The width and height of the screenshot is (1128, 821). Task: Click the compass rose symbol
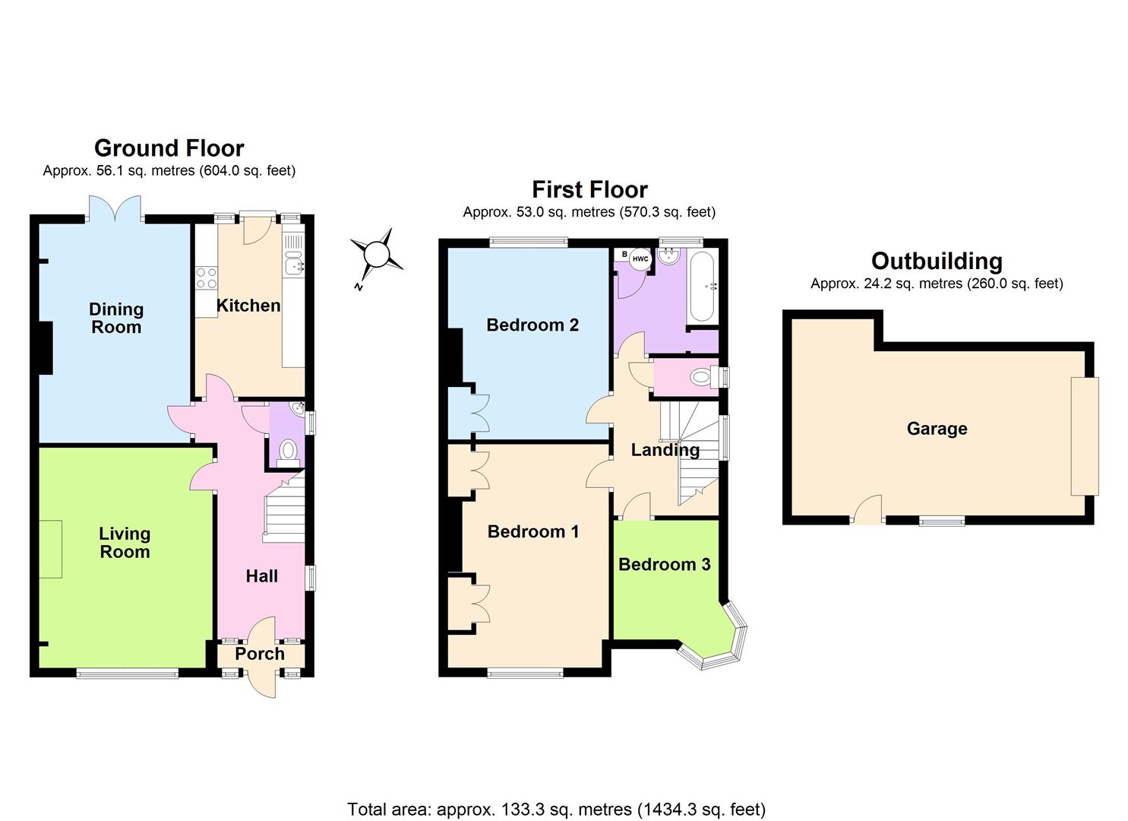coord(377,254)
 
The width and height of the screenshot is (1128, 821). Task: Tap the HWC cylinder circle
coord(640,259)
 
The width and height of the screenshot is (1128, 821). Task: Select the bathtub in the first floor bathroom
coord(702,287)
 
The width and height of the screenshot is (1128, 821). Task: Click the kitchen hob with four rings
coord(206,278)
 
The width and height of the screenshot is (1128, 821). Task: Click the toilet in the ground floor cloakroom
coord(288,452)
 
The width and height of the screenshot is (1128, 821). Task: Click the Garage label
coord(937,429)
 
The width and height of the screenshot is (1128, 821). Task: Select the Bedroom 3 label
coord(664,564)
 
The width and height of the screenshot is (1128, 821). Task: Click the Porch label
coord(260,654)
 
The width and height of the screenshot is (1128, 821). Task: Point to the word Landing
coord(665,450)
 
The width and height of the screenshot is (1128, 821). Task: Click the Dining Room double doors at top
coord(115,209)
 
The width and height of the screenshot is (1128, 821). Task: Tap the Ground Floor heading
coord(169,147)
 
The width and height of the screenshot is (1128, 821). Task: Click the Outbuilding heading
coord(936,261)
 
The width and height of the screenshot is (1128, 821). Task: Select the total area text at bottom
coord(556,809)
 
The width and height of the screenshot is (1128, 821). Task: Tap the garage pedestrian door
coord(867,510)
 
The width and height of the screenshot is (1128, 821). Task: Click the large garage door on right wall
coord(1084,436)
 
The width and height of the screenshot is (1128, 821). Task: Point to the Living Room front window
coord(127,672)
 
